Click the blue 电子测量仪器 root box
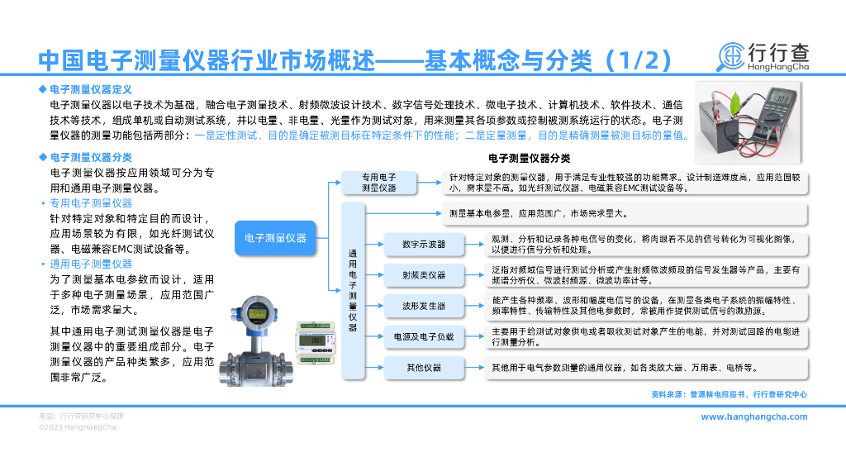coord(275,238)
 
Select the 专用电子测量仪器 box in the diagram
coord(379,183)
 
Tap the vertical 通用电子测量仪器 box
coord(353,291)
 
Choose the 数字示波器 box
coord(424,245)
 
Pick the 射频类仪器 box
coord(424,275)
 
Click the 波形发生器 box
coord(424,306)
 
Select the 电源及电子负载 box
coord(424,336)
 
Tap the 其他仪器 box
coord(424,367)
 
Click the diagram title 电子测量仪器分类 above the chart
coord(530,158)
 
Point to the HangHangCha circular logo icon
coord(730,56)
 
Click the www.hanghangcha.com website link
coord(753,416)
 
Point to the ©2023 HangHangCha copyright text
coord(78,427)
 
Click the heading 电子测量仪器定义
coord(91,88)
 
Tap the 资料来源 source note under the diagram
coord(729,395)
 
